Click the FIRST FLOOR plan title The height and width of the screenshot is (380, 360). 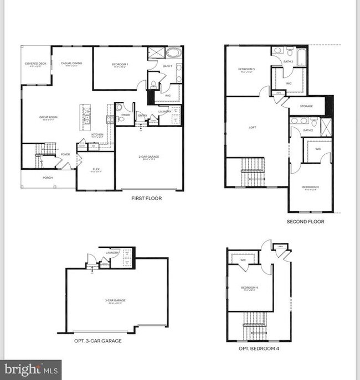click(147, 197)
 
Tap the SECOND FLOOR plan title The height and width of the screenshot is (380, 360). click(305, 221)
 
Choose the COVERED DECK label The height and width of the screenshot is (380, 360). click(35, 64)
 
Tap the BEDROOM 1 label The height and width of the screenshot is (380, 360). click(120, 65)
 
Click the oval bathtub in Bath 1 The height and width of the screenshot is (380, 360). click(173, 55)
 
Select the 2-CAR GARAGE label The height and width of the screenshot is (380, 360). click(149, 157)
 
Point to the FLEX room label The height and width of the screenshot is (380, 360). click(96, 170)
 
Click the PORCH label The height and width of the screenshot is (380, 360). click(48, 178)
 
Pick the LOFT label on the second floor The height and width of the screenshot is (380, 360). click(253, 127)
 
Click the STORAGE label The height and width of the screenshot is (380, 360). click(306, 106)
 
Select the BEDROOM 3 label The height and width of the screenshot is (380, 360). click(246, 69)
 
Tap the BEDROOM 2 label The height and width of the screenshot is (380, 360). click(310, 187)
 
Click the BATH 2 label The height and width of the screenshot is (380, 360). click(308, 130)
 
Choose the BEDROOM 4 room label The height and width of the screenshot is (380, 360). click(249, 287)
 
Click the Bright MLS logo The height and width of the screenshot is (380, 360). click(30, 369)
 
